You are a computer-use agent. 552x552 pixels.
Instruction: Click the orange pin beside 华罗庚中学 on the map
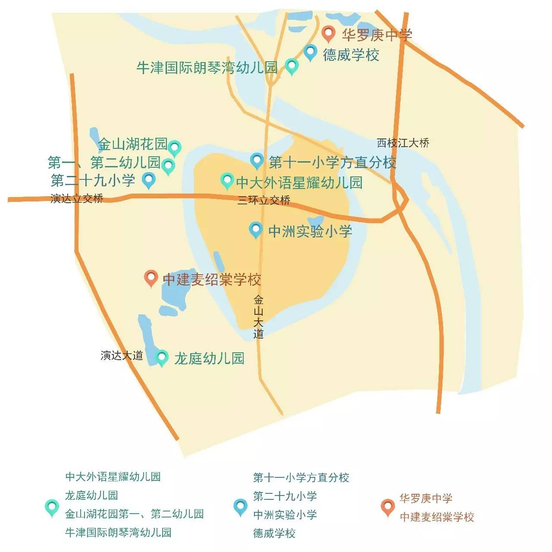(329, 33)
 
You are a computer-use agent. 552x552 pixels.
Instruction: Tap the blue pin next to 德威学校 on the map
(310, 53)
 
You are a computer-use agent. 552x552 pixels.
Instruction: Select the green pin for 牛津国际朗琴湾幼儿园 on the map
(292, 66)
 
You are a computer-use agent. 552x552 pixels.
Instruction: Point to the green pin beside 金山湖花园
(174, 147)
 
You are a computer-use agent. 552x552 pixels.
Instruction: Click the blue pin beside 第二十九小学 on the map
(149, 180)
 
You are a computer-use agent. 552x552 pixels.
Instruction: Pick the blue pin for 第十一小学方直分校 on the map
(257, 161)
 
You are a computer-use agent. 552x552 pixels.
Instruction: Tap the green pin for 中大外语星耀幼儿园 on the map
(227, 181)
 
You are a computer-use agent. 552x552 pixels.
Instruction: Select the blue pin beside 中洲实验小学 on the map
(256, 230)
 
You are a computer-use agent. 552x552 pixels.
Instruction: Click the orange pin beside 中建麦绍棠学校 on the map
(151, 278)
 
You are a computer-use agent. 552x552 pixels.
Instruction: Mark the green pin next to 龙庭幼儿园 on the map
(162, 358)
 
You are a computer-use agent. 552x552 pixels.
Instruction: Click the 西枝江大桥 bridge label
(403, 143)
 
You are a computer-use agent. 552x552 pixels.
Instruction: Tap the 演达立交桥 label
(77, 199)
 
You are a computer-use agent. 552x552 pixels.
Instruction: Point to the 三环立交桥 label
(264, 200)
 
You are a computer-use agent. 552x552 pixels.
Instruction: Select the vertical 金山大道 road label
(258, 317)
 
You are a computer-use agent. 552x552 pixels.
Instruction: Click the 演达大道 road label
(122, 356)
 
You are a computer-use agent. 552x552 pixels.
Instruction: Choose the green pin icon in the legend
(52, 507)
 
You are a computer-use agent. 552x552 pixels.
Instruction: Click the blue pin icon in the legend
(240, 507)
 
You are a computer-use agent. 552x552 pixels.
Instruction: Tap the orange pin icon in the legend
(388, 507)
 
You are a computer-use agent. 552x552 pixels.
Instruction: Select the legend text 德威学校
(274, 533)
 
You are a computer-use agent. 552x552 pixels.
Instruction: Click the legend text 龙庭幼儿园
(91, 495)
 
